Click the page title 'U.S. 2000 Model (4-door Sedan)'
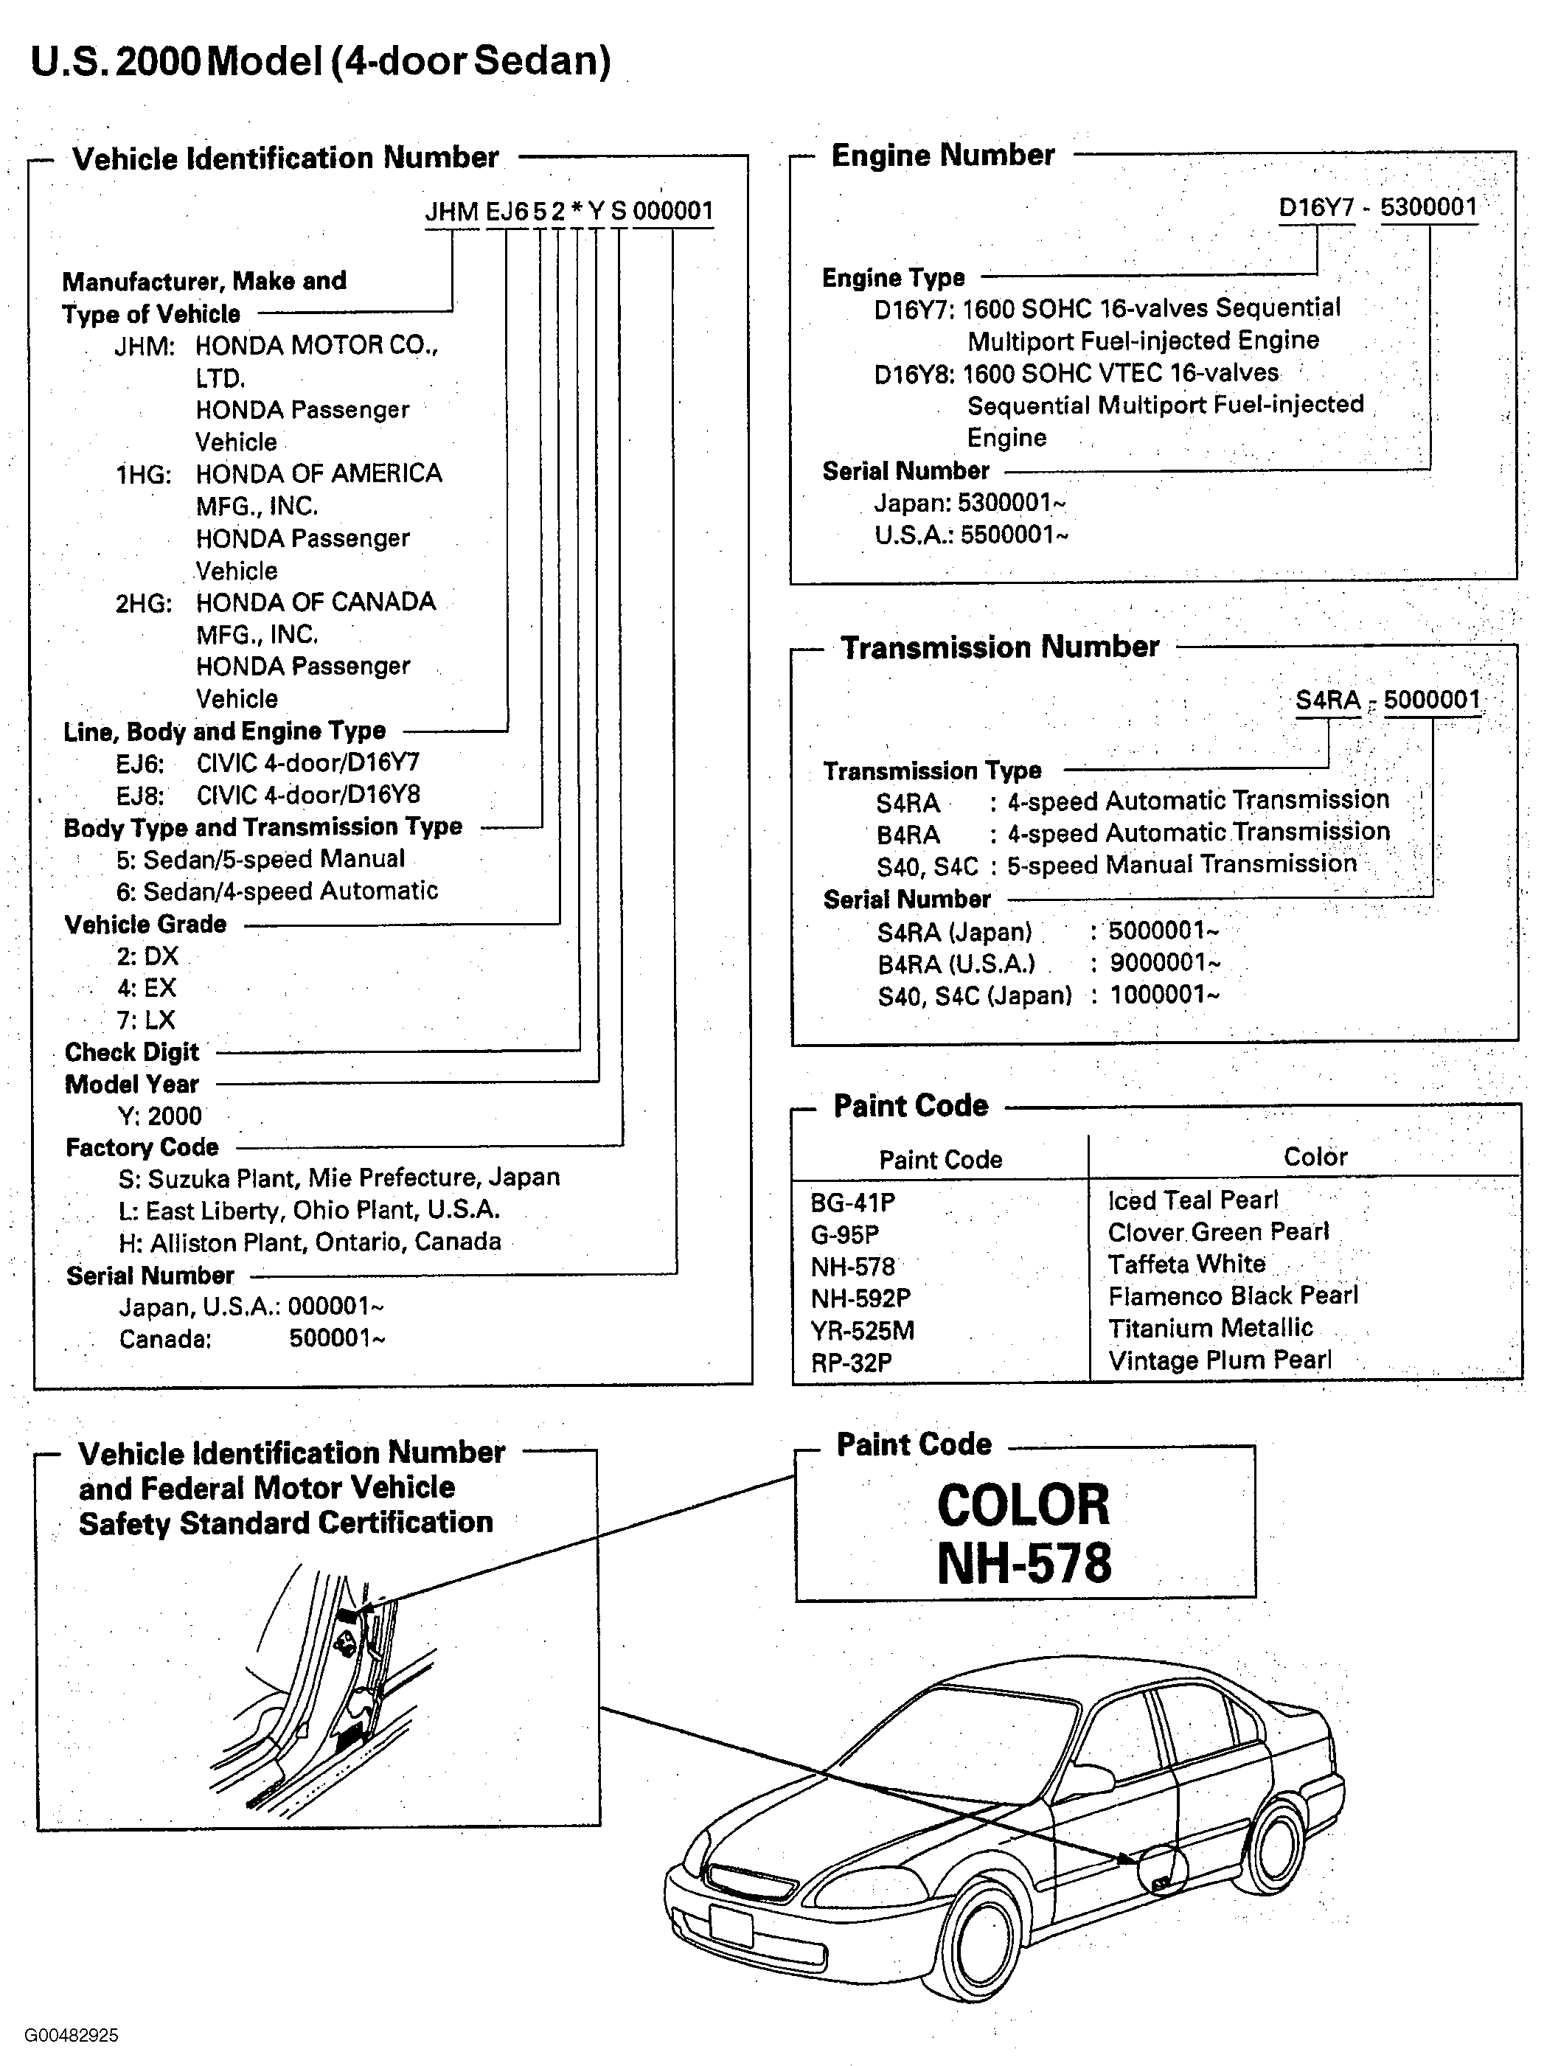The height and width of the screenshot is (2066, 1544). (321, 62)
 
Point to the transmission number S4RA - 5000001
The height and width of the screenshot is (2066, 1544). (1388, 700)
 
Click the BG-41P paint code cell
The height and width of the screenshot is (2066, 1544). (853, 1202)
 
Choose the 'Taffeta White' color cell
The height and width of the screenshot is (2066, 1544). (1186, 1265)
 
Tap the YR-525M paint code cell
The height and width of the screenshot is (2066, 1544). (862, 1329)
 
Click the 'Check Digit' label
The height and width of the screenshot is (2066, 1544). (132, 1053)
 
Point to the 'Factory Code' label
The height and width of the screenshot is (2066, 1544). (142, 1147)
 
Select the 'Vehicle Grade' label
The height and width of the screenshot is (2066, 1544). (146, 925)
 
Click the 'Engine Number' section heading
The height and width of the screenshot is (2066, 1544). (942, 155)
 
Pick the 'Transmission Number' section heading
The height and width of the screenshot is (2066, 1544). (999, 647)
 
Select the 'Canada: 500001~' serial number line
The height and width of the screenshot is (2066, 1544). (252, 1338)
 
